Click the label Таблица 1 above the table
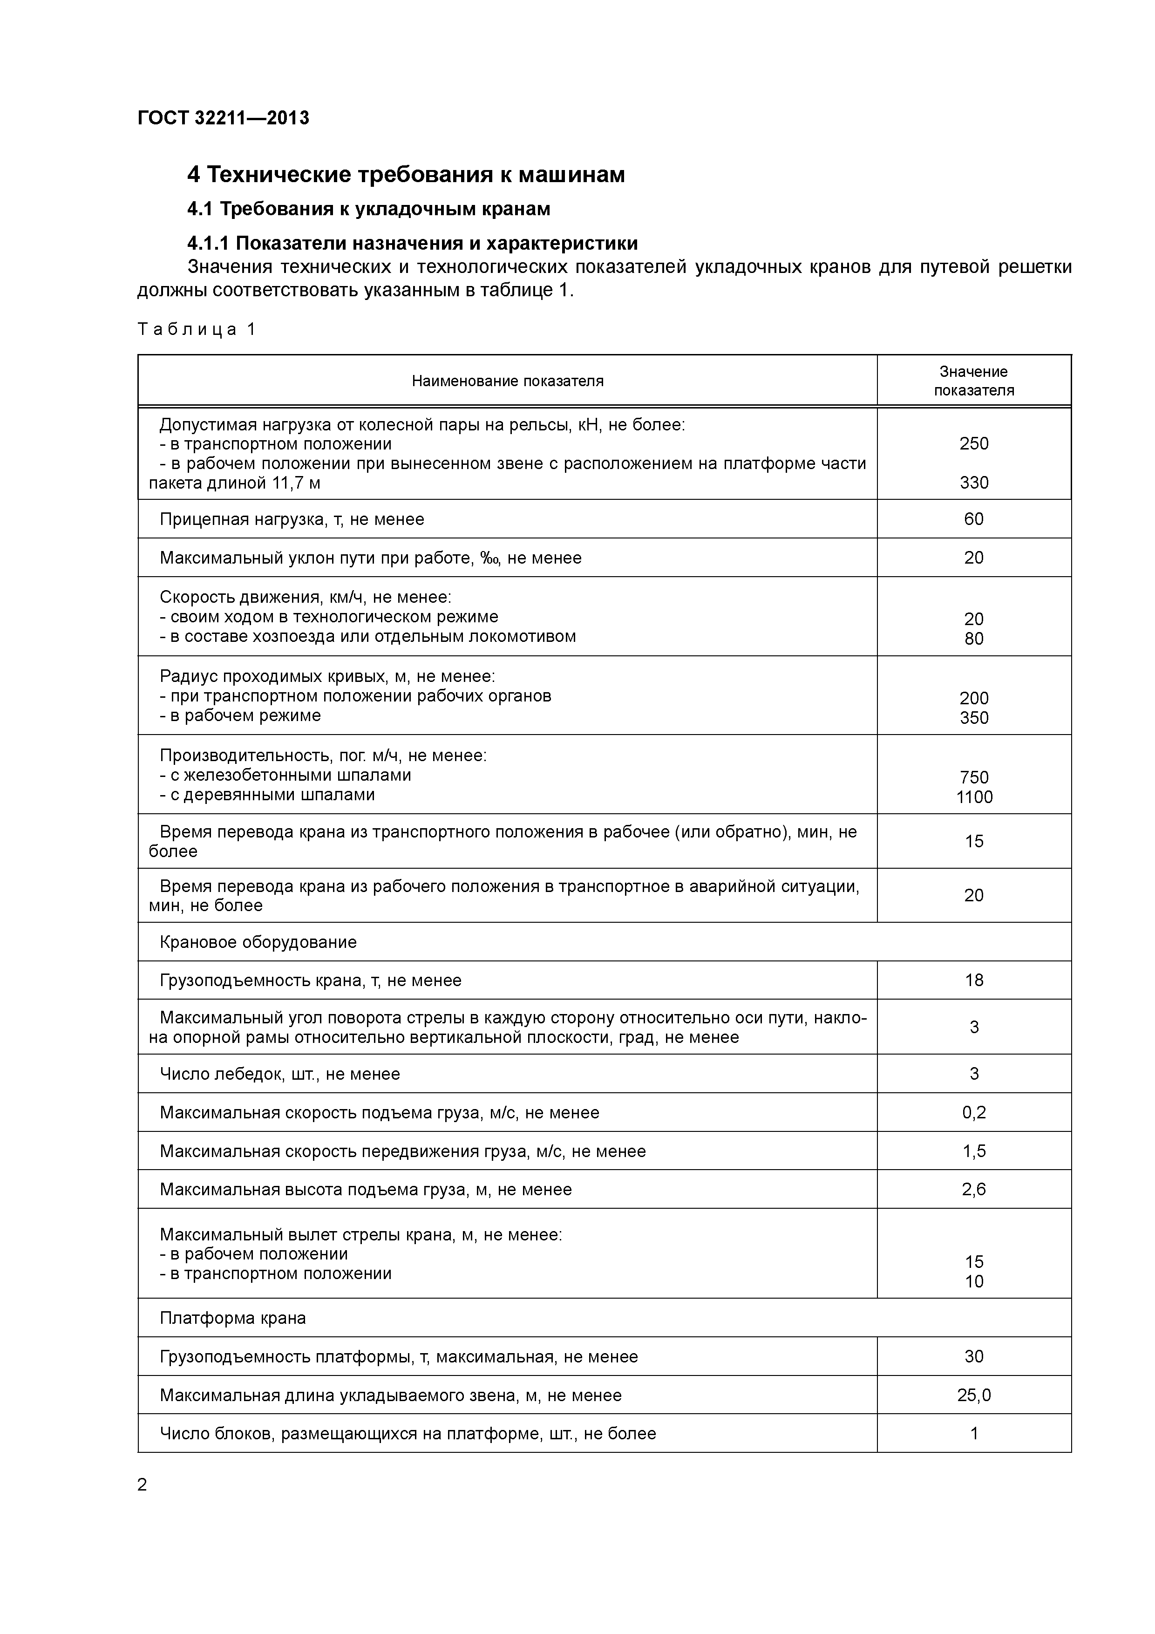[x=197, y=329]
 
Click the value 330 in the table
[x=973, y=483]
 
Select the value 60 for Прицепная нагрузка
[x=973, y=519]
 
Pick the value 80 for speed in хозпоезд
[x=973, y=639]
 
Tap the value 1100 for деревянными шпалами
[x=973, y=797]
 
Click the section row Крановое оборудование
[x=258, y=942]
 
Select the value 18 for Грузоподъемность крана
[x=973, y=980]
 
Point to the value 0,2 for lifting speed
[x=973, y=1112]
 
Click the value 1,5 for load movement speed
[x=973, y=1151]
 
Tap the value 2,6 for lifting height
[x=973, y=1189]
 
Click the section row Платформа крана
[x=233, y=1318]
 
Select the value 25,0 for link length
[x=973, y=1395]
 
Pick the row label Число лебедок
[x=280, y=1074]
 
